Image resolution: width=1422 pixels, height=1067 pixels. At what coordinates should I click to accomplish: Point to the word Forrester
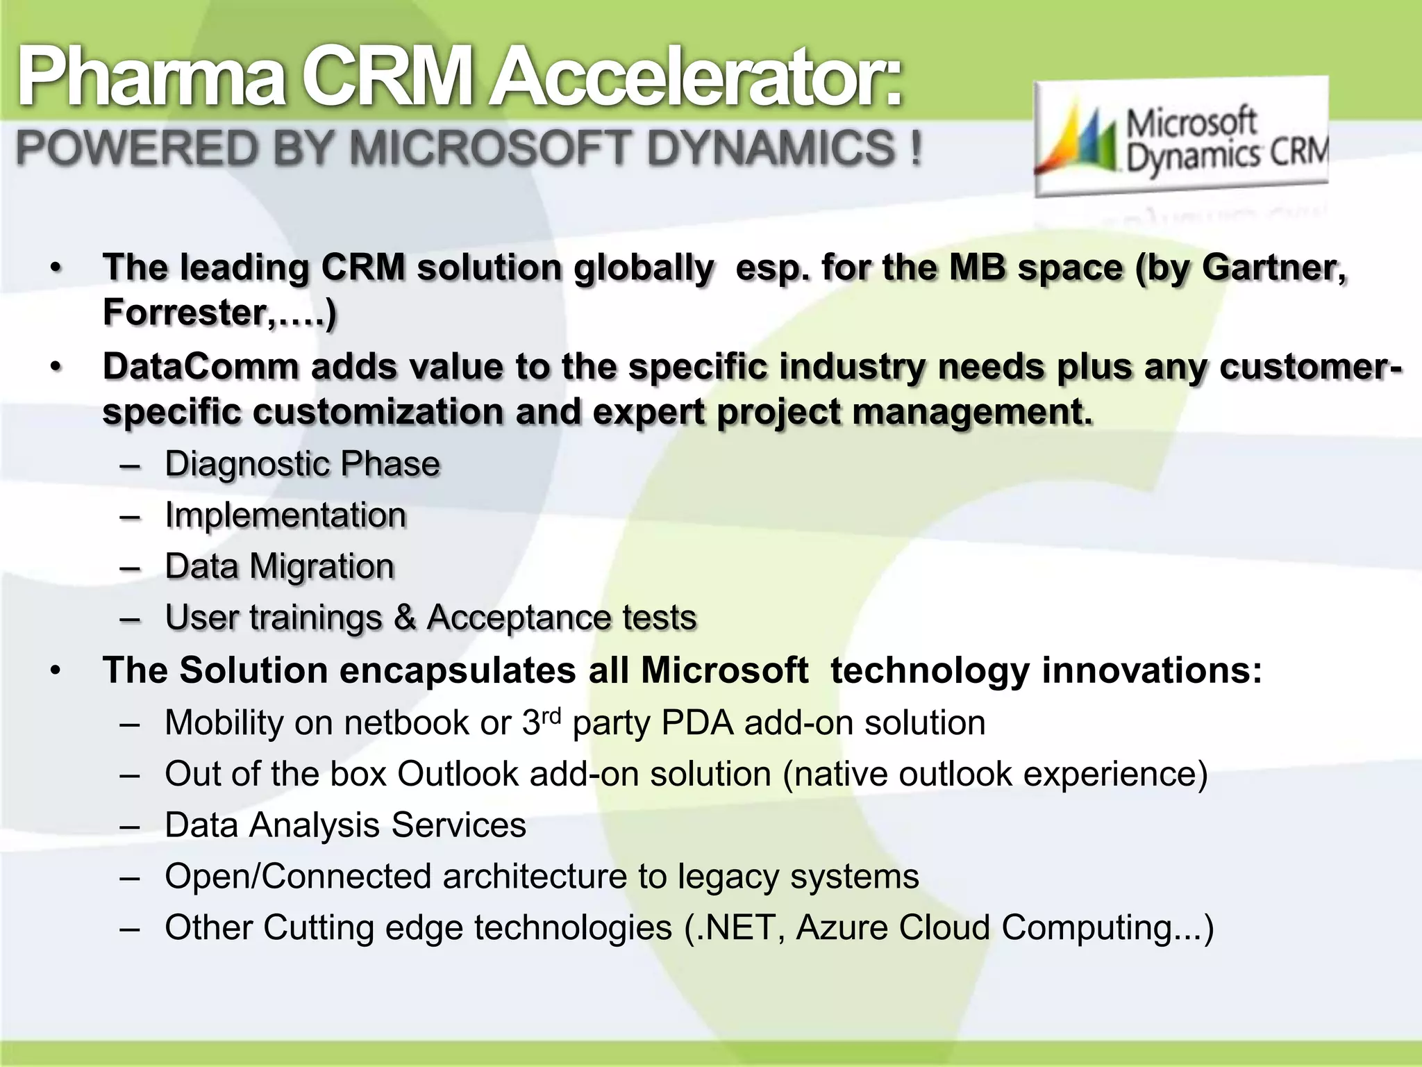184,313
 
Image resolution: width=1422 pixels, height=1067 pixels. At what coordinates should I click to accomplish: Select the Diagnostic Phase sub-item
302,464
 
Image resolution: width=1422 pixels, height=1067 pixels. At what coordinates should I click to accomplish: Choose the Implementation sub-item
285,515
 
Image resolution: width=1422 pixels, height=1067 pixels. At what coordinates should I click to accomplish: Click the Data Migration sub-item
279,566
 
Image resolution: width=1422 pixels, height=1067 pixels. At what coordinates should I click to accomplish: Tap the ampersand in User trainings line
405,618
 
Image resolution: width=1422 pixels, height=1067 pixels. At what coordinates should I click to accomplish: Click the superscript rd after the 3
551,716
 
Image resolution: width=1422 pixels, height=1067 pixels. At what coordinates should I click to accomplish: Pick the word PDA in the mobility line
697,723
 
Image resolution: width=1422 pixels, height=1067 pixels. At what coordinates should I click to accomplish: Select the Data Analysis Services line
345,825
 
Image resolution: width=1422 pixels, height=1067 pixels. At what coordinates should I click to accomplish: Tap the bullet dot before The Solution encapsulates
56,671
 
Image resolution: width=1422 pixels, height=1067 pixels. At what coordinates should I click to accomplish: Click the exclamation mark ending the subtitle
916,148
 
